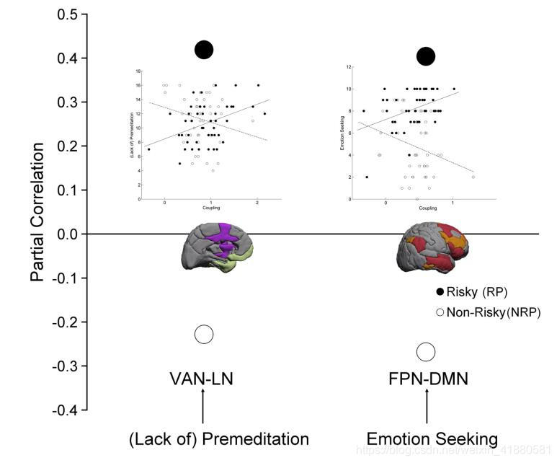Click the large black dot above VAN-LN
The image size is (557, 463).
tap(204, 50)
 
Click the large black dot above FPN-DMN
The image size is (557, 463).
tap(426, 56)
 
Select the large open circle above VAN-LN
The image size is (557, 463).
tap(204, 334)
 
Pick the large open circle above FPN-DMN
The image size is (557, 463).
tap(426, 352)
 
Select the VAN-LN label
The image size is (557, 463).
tap(203, 379)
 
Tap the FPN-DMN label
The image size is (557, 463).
tap(426, 379)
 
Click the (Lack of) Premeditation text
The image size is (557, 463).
tap(218, 439)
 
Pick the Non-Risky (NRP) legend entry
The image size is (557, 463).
tap(487, 312)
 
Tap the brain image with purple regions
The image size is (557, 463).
tap(215, 247)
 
